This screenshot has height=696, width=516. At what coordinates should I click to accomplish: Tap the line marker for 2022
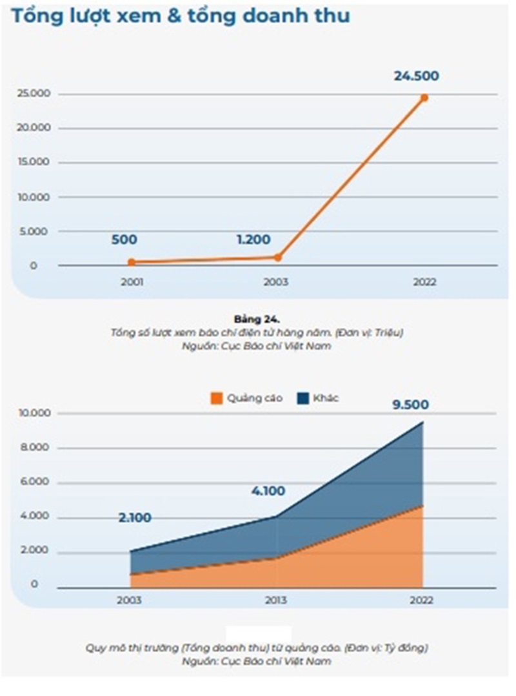coord(424,97)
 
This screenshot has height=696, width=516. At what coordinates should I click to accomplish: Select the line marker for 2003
coord(278,257)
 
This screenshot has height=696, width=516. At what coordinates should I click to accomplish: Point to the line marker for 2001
coord(131,262)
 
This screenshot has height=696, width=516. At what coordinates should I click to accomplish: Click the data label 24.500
coord(416,76)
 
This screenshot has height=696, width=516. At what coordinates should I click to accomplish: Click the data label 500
coord(124,240)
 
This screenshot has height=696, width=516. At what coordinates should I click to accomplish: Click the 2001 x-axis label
coord(132,282)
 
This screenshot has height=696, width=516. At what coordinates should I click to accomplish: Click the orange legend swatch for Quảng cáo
coord(217,398)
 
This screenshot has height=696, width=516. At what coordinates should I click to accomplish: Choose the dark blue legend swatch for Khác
coord(303,398)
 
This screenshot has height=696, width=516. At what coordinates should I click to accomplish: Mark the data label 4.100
coord(268,491)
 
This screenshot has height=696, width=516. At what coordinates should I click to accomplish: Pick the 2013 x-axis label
coord(277,600)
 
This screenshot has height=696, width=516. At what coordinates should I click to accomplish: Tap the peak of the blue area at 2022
coord(423,422)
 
